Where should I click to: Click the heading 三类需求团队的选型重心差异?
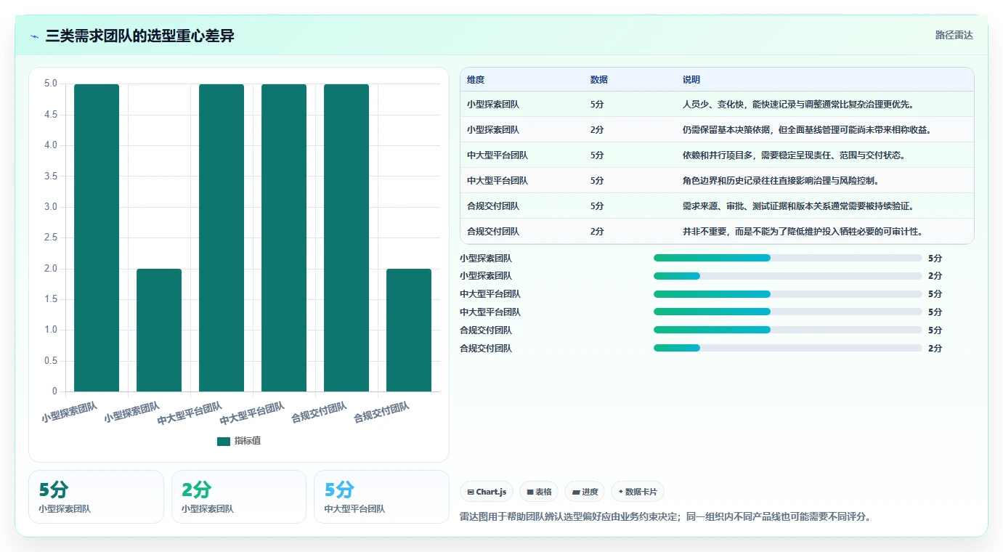pos(139,36)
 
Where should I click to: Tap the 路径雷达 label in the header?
pos(954,36)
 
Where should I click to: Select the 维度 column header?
pos(476,80)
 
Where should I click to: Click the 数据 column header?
pos(598,80)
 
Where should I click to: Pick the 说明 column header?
pos(691,80)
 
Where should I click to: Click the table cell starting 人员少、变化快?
pos(798,105)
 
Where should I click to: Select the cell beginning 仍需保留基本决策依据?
pos(807,130)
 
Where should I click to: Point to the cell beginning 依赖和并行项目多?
pos(793,155)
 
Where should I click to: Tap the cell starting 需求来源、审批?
pos(798,206)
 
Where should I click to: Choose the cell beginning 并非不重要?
pos(803,232)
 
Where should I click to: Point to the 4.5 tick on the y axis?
pos(51,114)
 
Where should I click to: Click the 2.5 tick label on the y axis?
pos(51,238)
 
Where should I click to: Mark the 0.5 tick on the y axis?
pos(51,360)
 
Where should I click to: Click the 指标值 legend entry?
pos(239,441)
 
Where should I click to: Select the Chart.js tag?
pos(487,492)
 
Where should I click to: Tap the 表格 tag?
pos(539,492)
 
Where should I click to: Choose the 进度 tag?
pos(585,492)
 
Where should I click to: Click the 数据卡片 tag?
pos(638,492)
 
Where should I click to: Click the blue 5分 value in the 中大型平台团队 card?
pos(339,490)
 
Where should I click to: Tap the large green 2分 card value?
pos(197,490)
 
